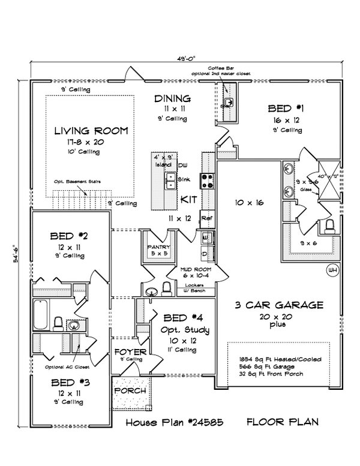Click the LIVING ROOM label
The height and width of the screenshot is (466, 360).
(x=91, y=130)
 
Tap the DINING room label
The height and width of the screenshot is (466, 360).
(x=172, y=99)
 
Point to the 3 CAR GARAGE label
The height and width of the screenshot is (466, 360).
(x=280, y=305)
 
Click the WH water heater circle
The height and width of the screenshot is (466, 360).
(x=331, y=271)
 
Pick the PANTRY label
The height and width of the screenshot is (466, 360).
(x=159, y=247)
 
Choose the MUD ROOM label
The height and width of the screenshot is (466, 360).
(x=197, y=270)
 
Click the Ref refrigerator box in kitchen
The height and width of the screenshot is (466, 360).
(x=206, y=218)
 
